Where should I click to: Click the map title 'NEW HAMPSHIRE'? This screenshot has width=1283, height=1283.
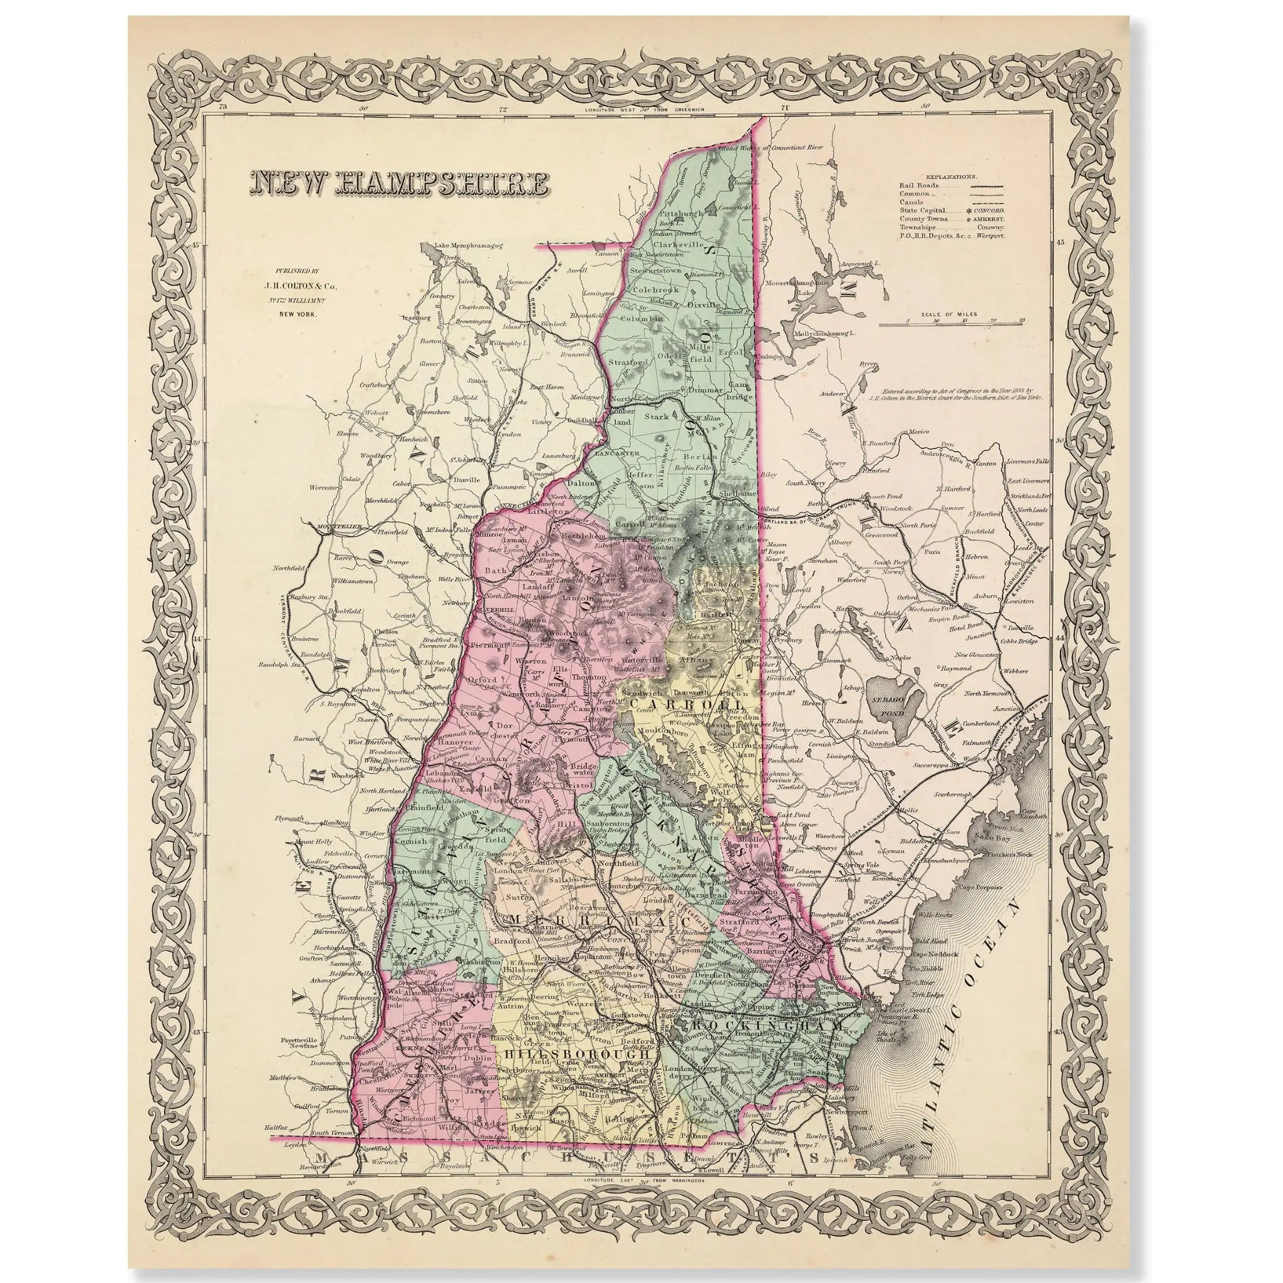pos(400,184)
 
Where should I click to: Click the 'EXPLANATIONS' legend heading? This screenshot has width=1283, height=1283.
pos(952,177)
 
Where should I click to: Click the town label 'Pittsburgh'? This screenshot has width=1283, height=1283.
pos(682,214)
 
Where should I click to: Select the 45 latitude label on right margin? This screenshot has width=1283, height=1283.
pos(1060,242)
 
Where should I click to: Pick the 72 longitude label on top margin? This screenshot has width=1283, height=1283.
pos(502,109)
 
